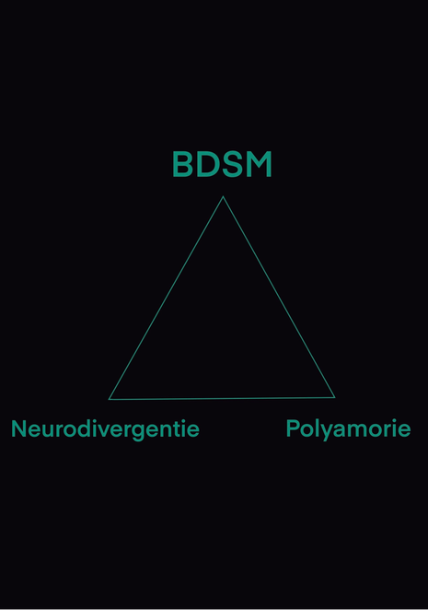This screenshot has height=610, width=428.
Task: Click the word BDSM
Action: (222, 164)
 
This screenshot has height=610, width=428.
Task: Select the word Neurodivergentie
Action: (105, 429)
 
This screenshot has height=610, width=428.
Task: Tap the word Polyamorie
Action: (348, 429)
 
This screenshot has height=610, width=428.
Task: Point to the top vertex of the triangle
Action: (223, 196)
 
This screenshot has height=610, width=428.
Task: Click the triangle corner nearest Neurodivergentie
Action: (109, 399)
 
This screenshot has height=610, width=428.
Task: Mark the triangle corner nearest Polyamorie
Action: (335, 397)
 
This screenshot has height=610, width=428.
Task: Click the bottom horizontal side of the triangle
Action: (222, 398)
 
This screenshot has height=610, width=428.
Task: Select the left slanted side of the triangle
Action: (166, 298)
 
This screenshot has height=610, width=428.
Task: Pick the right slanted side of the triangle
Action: (279, 297)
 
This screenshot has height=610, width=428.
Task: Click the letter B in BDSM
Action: (183, 164)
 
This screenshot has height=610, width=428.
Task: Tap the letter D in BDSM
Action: (207, 164)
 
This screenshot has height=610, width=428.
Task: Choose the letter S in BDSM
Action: (233, 164)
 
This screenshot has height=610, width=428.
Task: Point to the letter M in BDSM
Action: (260, 164)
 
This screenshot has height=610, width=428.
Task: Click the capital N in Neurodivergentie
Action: (18, 428)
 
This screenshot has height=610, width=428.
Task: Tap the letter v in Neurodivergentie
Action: (100, 430)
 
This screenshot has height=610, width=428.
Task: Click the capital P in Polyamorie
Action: (293, 428)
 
